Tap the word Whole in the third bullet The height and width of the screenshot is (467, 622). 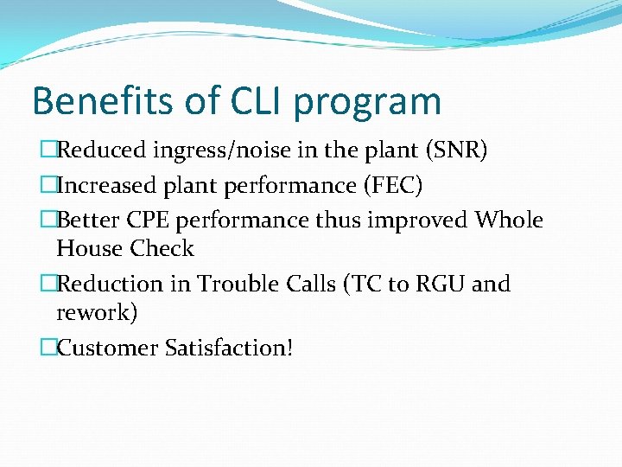pyautogui.click(x=509, y=220)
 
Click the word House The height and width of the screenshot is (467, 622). pyautogui.click(x=89, y=249)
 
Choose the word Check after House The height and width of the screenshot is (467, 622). pyautogui.click(x=162, y=249)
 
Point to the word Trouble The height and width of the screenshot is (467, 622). pyautogui.click(x=233, y=284)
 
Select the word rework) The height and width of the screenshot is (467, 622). pyautogui.click(x=96, y=313)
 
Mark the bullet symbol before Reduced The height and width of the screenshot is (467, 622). pyautogui.click(x=48, y=151)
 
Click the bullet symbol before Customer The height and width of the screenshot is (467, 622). pyautogui.click(x=48, y=348)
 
